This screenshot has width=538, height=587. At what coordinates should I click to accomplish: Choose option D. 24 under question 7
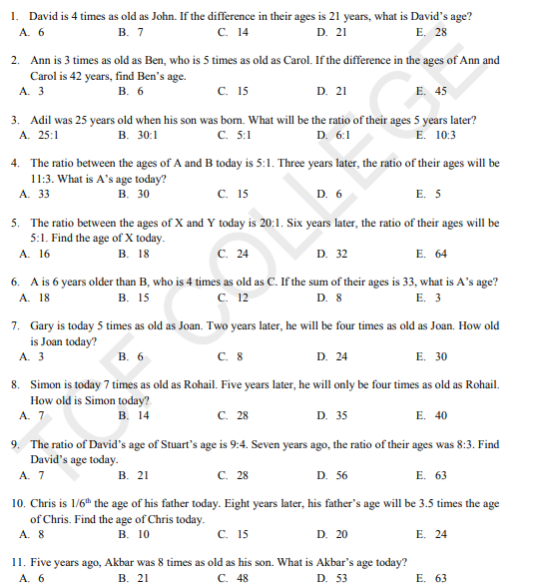click(x=332, y=356)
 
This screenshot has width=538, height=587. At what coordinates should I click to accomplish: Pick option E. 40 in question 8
click(x=431, y=415)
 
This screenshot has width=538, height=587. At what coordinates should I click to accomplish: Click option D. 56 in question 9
click(x=332, y=475)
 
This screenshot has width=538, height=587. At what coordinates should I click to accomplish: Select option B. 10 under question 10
click(x=133, y=534)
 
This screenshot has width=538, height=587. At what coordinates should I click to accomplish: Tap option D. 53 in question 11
click(x=332, y=577)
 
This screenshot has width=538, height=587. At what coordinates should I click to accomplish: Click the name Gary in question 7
click(x=43, y=325)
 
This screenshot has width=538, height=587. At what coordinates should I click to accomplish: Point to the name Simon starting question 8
click(x=47, y=385)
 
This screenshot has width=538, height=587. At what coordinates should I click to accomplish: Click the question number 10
click(x=18, y=504)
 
